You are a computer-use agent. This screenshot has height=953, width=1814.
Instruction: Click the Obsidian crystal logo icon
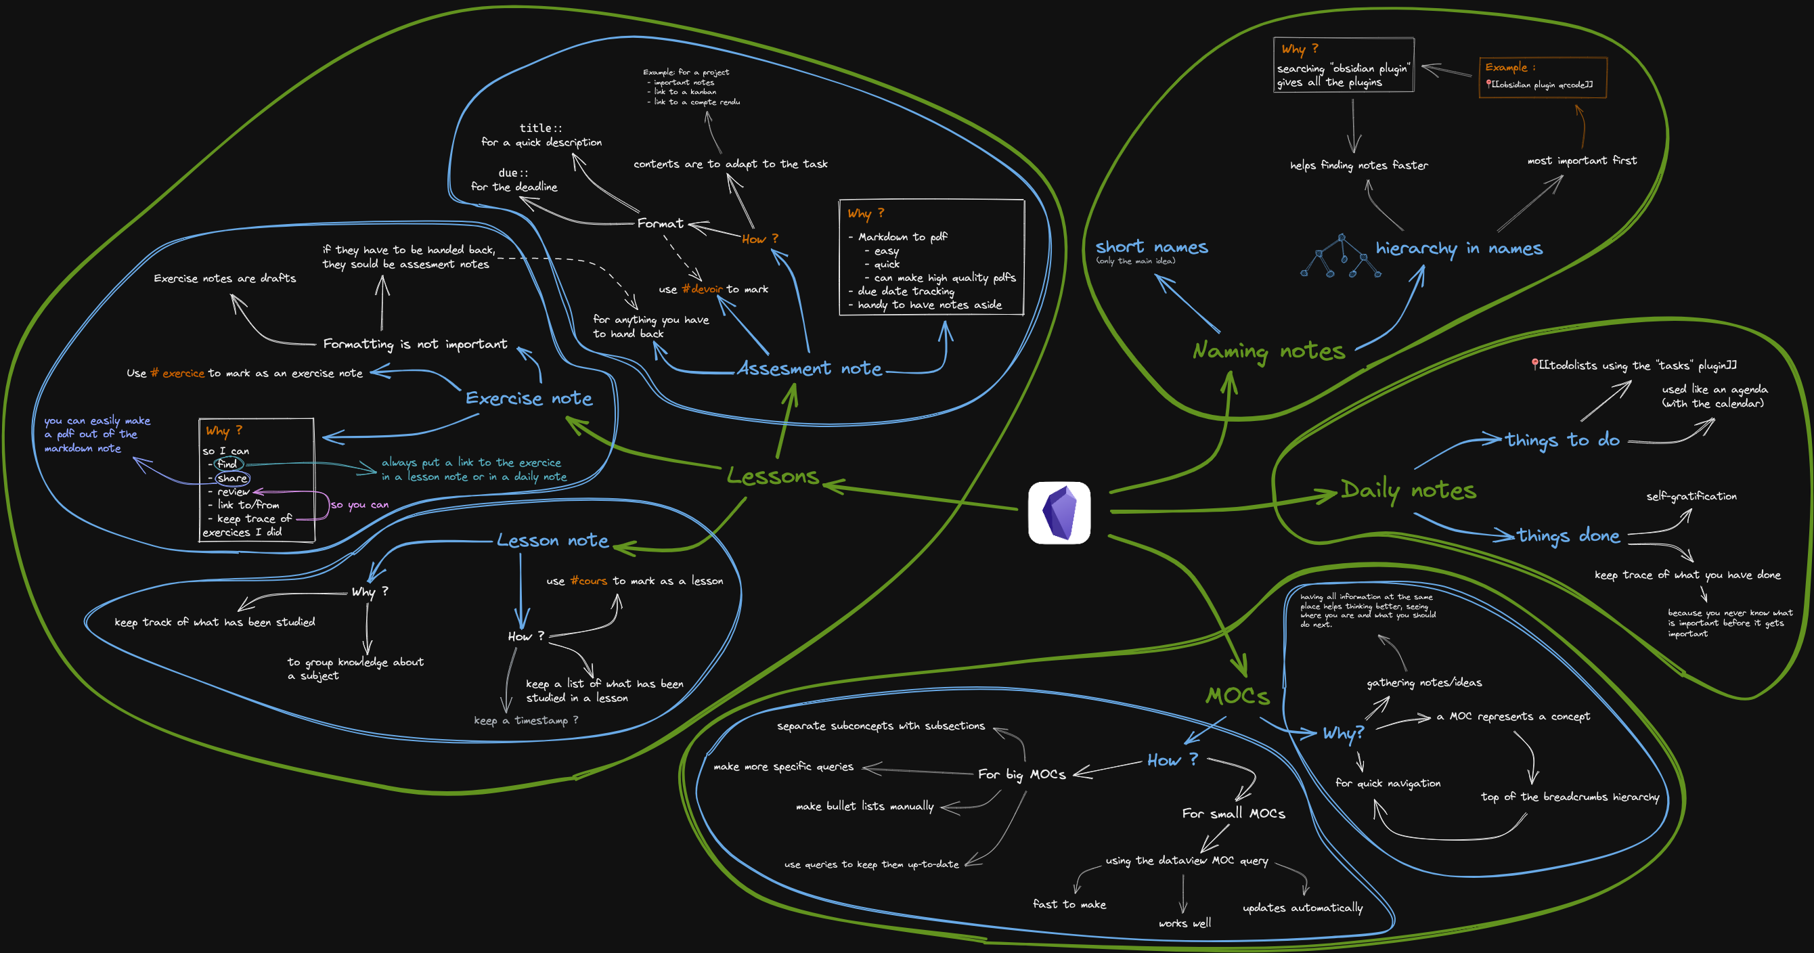[1059, 512]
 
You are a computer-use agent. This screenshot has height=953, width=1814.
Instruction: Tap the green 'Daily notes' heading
[1408, 489]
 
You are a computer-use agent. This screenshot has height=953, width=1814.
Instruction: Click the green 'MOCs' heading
[1237, 696]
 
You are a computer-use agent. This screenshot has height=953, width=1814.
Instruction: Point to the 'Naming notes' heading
[1268, 350]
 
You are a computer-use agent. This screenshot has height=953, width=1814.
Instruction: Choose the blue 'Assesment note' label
[809, 368]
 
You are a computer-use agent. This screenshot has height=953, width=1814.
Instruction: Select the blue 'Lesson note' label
[552, 540]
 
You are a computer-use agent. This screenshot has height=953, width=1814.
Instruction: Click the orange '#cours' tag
[589, 580]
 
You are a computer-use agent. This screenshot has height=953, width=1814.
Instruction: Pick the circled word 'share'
[232, 478]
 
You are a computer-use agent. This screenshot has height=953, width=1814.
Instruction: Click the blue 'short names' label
[1151, 246]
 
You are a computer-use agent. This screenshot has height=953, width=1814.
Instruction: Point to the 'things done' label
[1568, 535]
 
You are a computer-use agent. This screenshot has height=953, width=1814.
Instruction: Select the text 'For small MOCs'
[1233, 813]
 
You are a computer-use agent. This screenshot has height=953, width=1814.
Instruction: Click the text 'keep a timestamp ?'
[526, 720]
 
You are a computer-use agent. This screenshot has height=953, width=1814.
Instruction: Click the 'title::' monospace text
[540, 127]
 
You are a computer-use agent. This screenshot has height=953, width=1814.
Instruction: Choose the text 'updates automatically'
[1302, 907]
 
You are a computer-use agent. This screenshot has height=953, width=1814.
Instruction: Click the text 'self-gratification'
[1691, 496]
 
